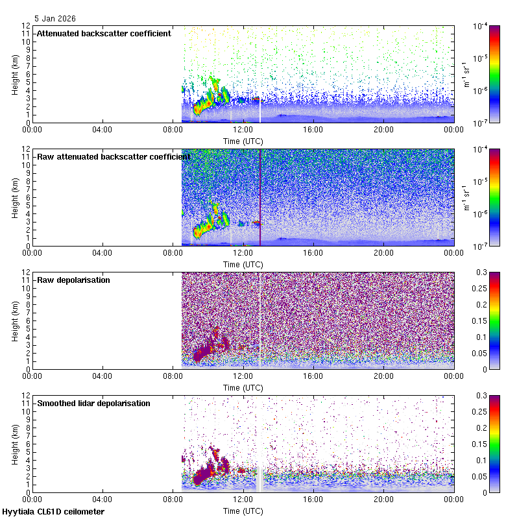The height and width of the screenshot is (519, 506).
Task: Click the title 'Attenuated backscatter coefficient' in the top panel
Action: click(104, 33)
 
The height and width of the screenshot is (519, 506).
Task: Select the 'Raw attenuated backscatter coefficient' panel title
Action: click(114, 156)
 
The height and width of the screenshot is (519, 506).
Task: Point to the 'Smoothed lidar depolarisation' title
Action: click(93, 403)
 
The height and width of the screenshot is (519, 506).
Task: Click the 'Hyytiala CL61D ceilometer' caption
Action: click(53, 512)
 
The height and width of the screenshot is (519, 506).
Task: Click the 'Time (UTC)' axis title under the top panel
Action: click(243, 141)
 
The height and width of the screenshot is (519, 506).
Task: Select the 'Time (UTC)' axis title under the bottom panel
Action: click(243, 511)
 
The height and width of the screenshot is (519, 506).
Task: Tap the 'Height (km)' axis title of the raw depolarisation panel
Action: click(15, 320)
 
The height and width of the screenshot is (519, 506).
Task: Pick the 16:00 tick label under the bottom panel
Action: click(313, 500)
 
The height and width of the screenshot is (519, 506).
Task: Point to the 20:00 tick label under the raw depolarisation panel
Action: click(383, 376)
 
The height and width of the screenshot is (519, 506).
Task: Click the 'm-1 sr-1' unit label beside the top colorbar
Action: click(466, 74)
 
